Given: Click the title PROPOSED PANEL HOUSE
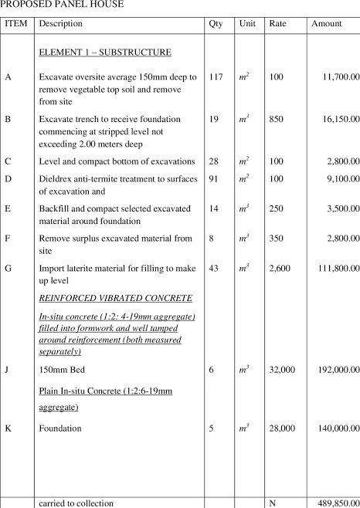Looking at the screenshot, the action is pyautogui.click(x=62, y=5).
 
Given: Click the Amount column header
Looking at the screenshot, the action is pyautogui.click(x=326, y=24).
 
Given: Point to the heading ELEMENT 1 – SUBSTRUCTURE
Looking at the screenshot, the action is pyautogui.click(x=105, y=52).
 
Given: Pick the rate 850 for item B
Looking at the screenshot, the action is pyautogui.click(x=277, y=120).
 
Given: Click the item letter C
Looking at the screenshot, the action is pyautogui.click(x=8, y=161).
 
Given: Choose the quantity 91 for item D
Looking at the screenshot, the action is pyautogui.click(x=213, y=179).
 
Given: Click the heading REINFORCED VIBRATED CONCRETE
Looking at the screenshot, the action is pyautogui.click(x=115, y=298).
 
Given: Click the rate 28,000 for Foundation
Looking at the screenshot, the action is pyautogui.click(x=281, y=428).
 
